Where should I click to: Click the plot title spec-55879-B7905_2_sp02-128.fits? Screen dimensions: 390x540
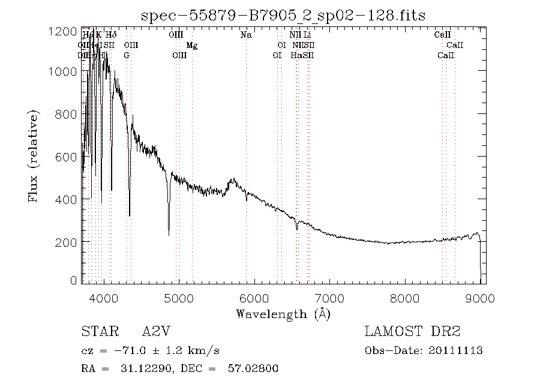(283, 15)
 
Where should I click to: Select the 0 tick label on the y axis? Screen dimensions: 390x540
(73, 280)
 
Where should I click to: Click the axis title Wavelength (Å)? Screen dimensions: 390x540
(283, 313)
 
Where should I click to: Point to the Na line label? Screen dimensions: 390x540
(246, 35)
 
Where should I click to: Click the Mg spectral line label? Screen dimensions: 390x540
(192, 45)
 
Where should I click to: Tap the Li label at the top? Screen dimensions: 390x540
(307, 35)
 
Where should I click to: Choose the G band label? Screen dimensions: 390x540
(127, 55)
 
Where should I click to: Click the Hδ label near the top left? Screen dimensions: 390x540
(111, 35)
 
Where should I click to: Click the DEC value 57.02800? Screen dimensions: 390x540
(253, 369)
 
